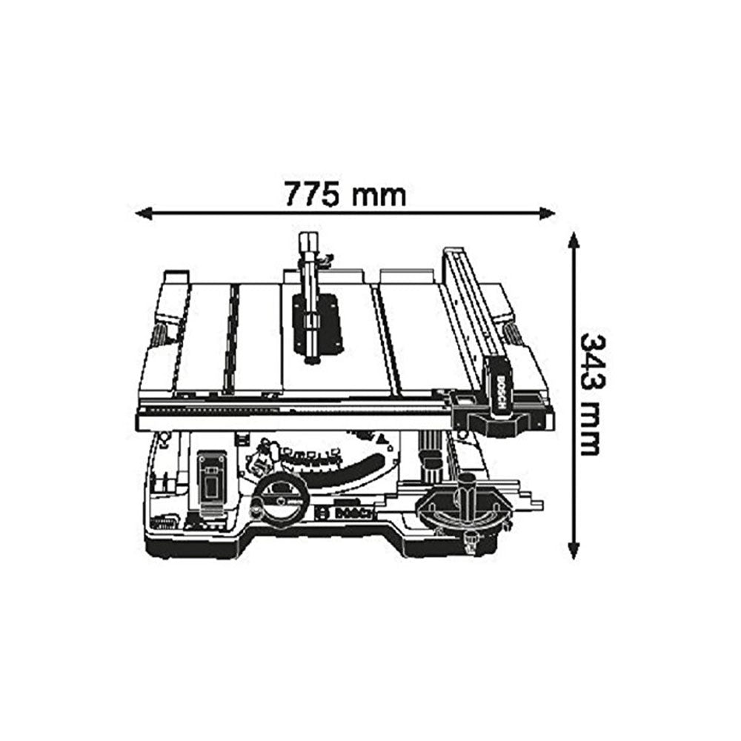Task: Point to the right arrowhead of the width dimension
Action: (548, 213)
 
